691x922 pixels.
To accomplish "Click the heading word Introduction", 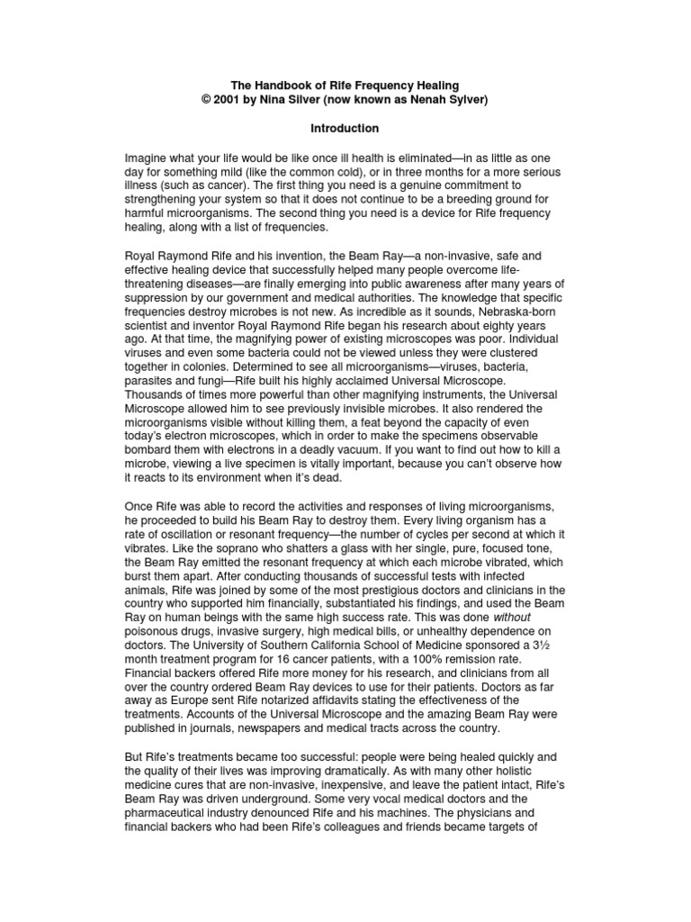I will coord(345,129).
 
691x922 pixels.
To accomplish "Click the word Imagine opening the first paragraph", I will coord(148,158).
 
